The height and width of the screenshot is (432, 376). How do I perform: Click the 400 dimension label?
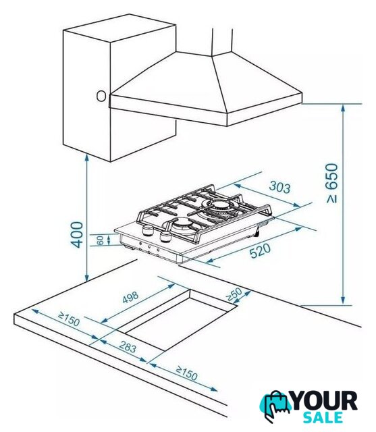click(x=76, y=235)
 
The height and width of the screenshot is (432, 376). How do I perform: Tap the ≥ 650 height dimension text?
click(x=332, y=184)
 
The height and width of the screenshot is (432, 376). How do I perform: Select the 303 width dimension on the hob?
click(x=280, y=187)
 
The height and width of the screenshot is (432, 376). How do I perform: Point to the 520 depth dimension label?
click(x=260, y=250)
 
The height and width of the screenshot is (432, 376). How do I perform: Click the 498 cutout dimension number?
click(x=130, y=297)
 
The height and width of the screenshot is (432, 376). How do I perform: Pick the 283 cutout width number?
click(x=128, y=346)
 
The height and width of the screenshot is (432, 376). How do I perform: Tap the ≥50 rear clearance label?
click(x=234, y=294)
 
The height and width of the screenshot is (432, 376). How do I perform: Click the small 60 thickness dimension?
click(x=101, y=240)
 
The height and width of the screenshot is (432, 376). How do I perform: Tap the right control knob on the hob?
click(x=165, y=236)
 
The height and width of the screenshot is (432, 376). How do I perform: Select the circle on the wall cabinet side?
click(x=101, y=96)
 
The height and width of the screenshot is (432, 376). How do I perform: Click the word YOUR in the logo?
click(x=324, y=401)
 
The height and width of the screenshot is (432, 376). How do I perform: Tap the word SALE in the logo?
click(x=323, y=417)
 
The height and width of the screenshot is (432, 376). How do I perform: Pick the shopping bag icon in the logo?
click(x=275, y=406)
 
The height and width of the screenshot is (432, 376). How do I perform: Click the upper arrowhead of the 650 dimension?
click(x=343, y=108)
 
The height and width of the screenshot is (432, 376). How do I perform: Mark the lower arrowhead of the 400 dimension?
click(x=87, y=277)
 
